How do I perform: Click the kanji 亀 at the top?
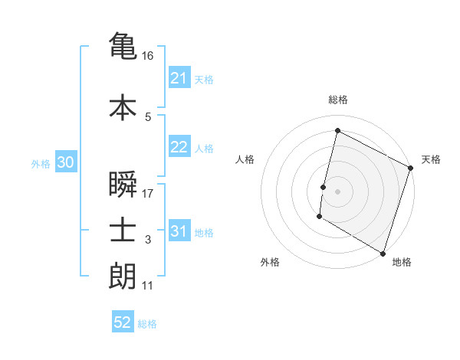(x=123, y=45)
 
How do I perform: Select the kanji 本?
(x=123, y=107)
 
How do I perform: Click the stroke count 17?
(x=149, y=194)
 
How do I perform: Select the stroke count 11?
(x=148, y=286)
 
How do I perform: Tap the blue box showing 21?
(x=179, y=78)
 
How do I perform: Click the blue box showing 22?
(x=179, y=147)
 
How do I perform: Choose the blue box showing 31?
(x=179, y=231)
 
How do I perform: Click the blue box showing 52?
(x=123, y=322)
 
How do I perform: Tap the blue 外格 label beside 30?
(x=41, y=163)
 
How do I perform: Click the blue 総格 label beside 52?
(x=147, y=324)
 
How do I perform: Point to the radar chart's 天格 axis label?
(x=431, y=159)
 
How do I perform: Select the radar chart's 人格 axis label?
(x=245, y=159)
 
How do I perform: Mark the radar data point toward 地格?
(x=383, y=253)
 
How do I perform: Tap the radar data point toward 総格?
(x=337, y=130)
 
